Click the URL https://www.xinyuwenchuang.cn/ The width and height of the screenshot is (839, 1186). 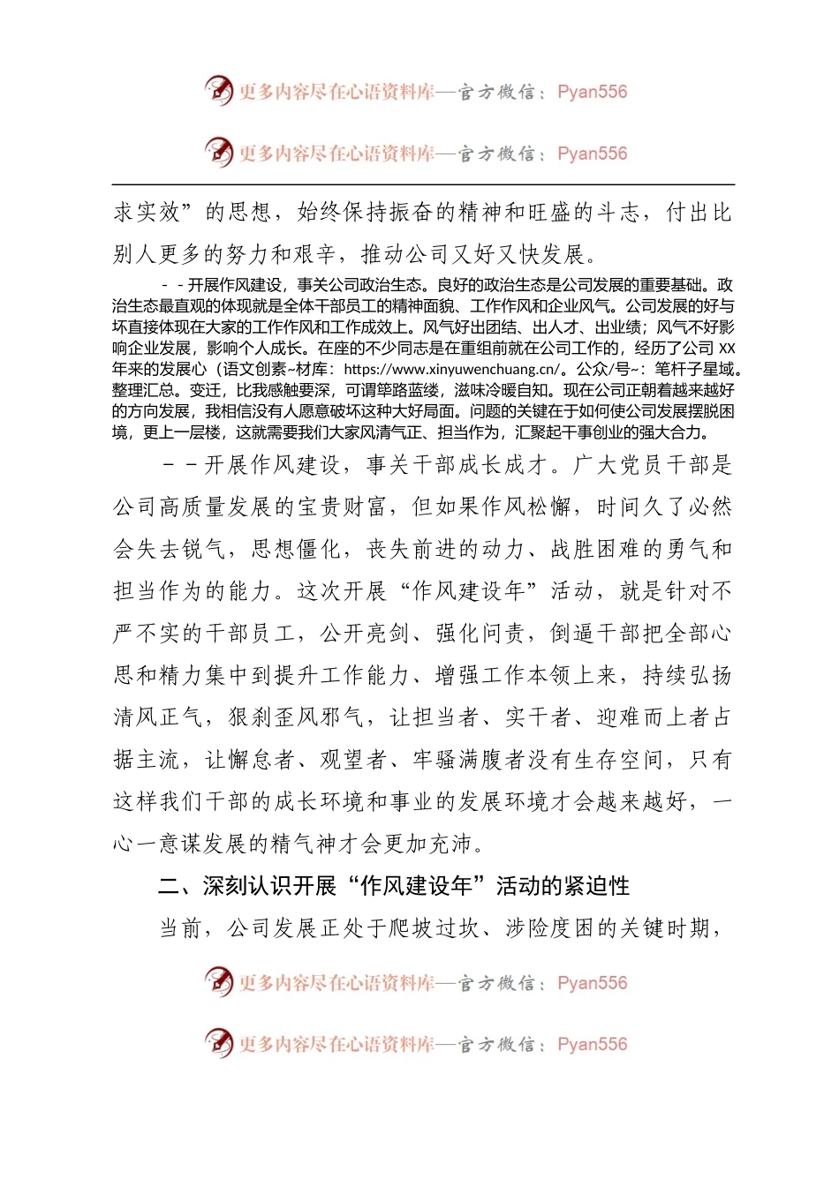coord(451,370)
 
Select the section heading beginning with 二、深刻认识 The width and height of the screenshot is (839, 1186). coord(393,886)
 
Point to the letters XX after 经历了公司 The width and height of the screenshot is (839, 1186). coord(727,349)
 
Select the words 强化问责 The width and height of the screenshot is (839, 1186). coord(480,634)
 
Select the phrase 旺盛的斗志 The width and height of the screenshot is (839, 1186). coord(583,213)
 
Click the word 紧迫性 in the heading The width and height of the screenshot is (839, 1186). coord(595,886)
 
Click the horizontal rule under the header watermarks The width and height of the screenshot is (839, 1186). coord(423,184)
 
